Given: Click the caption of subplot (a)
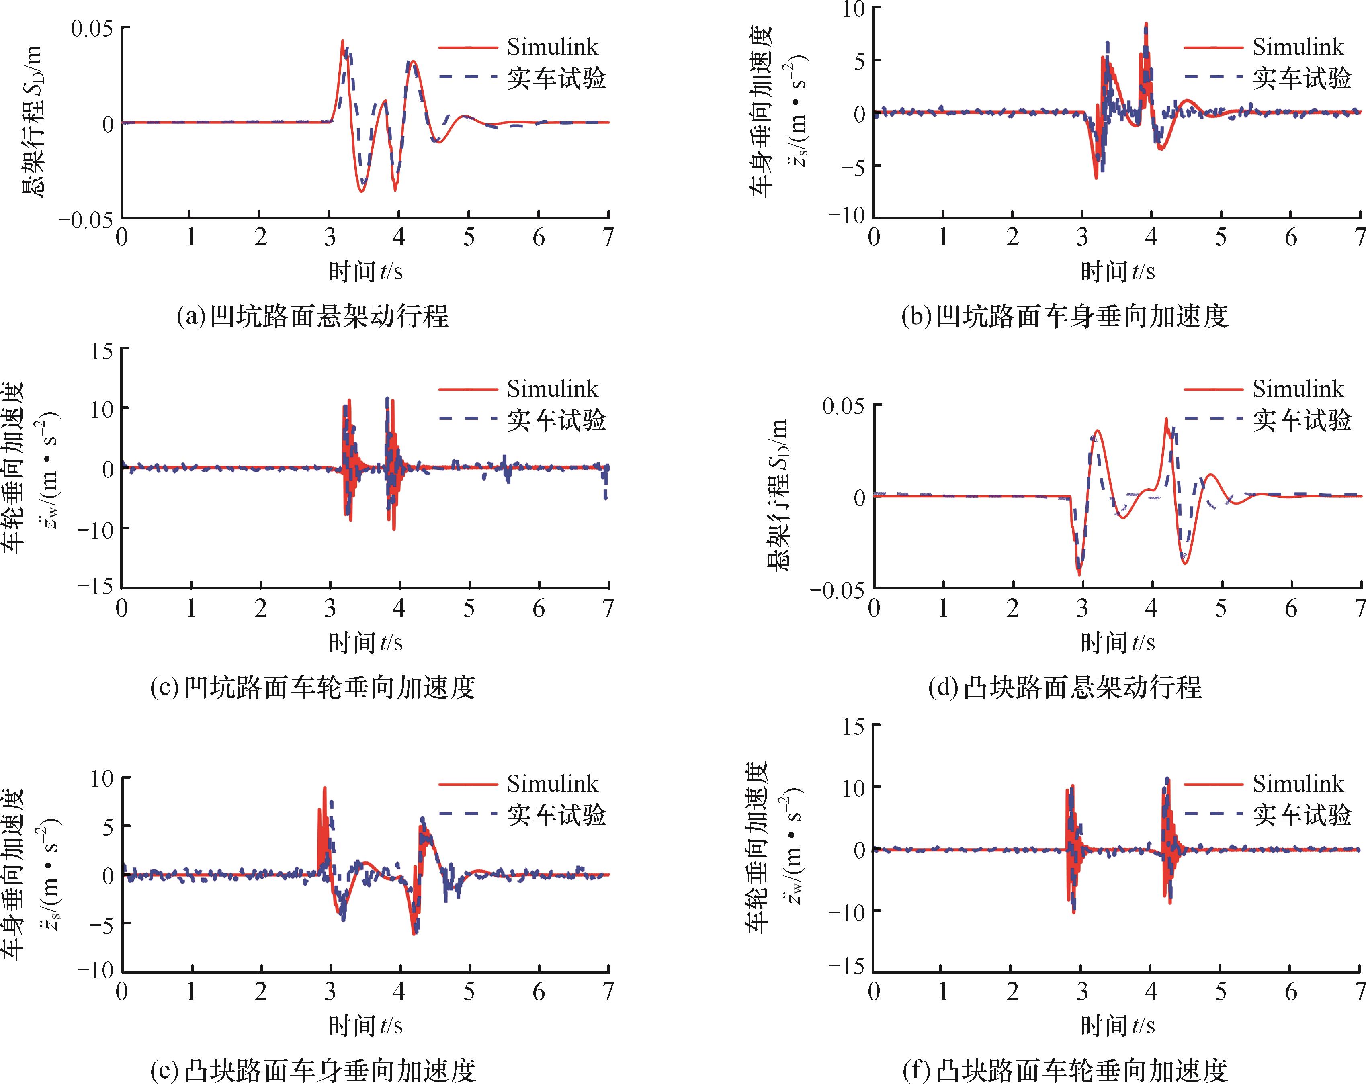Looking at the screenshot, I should [312, 315].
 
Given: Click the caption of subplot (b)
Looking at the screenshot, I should [1065, 315].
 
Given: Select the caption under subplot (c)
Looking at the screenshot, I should [312, 687].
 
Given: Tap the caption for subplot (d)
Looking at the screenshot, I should [1065, 687].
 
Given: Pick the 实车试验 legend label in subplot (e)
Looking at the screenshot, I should [556, 815].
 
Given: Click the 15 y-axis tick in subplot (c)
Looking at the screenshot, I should [101, 350].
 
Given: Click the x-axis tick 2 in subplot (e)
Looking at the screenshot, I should [260, 992].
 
